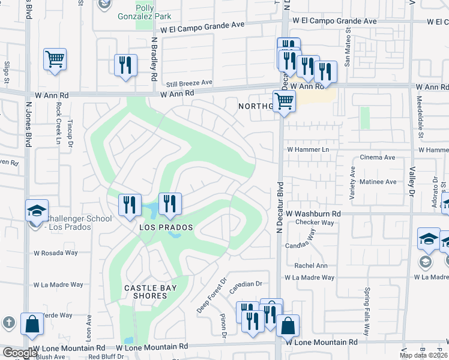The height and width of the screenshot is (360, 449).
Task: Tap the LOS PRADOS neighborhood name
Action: (166, 227)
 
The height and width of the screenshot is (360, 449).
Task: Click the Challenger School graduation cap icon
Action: (37, 212)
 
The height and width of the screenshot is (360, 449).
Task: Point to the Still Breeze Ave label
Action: (190, 83)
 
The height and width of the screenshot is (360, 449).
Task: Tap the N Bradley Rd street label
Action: (154, 60)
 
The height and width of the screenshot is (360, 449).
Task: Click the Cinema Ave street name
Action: (377, 157)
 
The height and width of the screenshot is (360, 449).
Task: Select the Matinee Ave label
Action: (378, 181)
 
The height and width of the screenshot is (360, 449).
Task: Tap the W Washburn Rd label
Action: (313, 213)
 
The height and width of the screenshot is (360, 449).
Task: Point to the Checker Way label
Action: (315, 223)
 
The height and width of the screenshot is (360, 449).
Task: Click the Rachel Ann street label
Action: (310, 266)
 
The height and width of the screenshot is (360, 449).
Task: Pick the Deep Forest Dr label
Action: (211, 295)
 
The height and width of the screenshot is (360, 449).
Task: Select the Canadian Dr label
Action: (246, 284)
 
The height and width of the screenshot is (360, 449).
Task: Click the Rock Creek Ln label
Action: (58, 123)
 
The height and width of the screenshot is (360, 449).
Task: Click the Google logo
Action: (20, 353)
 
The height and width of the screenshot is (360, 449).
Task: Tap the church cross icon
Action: (8, 322)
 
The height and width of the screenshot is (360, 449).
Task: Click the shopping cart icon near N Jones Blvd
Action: (55, 59)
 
